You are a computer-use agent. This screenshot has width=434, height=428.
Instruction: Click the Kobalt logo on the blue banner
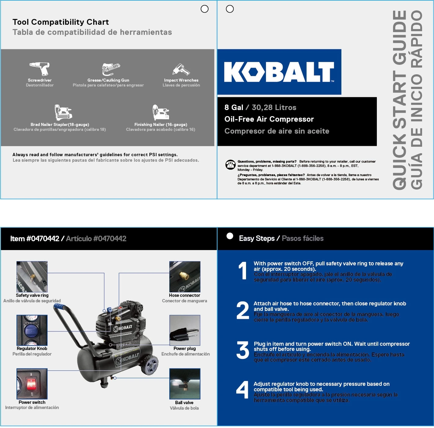coord(279,72)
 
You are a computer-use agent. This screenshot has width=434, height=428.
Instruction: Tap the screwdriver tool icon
coord(39,68)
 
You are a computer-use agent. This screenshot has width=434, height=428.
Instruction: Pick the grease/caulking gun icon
coord(110,69)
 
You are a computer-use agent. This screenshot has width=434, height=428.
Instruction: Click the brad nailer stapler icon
coord(63,112)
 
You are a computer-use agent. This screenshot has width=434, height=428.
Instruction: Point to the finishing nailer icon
coord(160,112)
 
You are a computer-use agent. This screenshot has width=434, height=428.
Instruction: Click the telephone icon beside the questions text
coord(230,165)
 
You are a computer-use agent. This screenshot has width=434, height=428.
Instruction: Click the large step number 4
coord(243,390)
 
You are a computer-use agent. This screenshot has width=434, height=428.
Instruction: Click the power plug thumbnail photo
coord(185,330)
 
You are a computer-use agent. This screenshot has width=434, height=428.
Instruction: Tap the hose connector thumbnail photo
coord(185,277)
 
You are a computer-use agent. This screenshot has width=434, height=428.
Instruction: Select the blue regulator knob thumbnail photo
coord(32,330)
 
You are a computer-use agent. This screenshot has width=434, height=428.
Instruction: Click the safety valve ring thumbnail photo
coord(32,277)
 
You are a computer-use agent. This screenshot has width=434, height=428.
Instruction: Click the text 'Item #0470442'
coord(35,239)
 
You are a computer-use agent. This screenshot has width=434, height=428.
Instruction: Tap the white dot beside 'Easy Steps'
coord(230,236)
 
